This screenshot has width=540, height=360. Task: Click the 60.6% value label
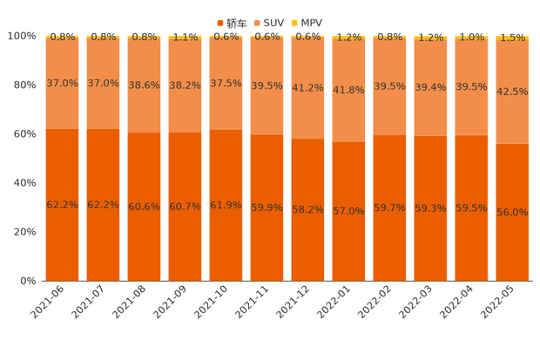pyautogui.click(x=145, y=206)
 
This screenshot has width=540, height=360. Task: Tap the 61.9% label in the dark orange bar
pyautogui.click(x=226, y=205)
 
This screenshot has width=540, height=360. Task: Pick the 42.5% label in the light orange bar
pyautogui.click(x=513, y=92)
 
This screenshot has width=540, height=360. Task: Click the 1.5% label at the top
pyautogui.click(x=513, y=37)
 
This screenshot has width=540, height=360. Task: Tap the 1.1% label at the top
pyautogui.click(x=186, y=37)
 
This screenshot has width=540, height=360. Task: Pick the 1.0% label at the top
pyautogui.click(x=472, y=37)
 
